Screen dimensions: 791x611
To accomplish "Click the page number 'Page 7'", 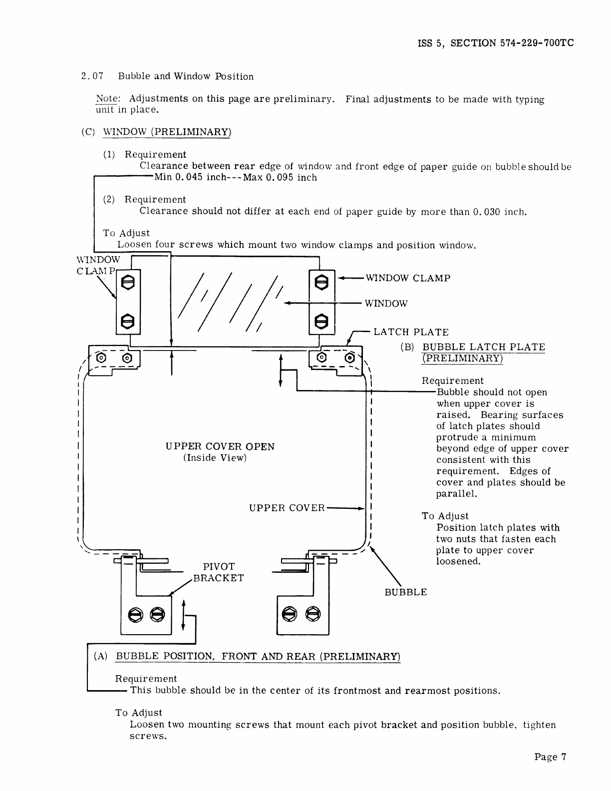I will pos(550,757).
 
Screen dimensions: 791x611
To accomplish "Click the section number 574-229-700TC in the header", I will pos(537,43).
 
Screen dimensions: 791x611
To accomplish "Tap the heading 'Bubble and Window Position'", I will pos(186,76).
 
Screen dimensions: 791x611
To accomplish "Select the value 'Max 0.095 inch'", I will pos(280,178).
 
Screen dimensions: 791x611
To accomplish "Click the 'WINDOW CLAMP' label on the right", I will pos(408,278).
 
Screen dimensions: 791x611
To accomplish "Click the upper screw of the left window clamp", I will pos(128,282).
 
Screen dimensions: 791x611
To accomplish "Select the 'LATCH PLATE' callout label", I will pos(411,332).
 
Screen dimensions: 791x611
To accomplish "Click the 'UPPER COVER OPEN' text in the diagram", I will pos(220,446).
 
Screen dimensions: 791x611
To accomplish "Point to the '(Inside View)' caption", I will pos(215,458).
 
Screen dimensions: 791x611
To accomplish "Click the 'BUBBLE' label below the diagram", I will pos(405,592).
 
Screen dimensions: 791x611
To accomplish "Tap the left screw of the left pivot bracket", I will pos(135,614).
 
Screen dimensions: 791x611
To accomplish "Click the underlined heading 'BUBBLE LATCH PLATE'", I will pos(484,347).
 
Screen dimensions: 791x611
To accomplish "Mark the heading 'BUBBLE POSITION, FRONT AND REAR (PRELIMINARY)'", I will pos(258,656).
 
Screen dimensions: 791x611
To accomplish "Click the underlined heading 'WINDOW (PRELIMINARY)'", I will pos(167,132).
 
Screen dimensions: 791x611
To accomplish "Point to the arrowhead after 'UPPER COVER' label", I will pos(362,508).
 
